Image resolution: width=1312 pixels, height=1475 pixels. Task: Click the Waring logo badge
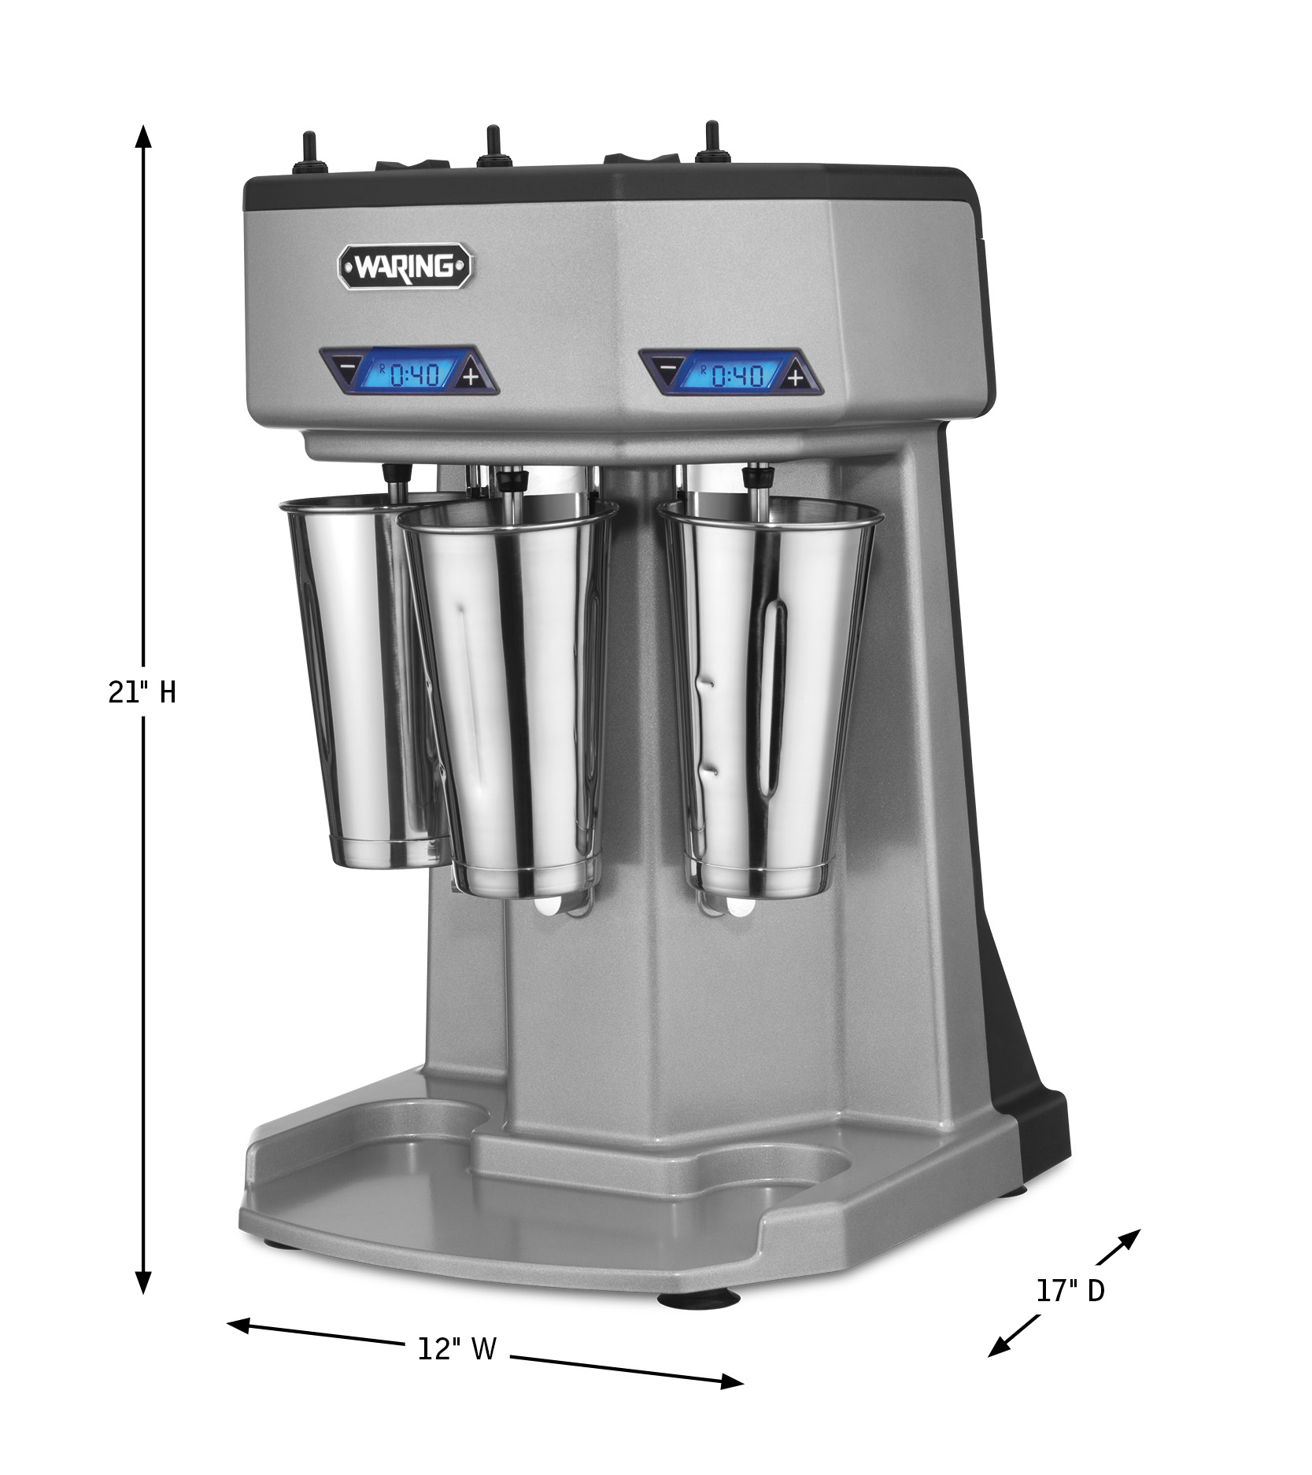tap(405, 267)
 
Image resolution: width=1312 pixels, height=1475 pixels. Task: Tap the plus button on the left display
tap(471, 376)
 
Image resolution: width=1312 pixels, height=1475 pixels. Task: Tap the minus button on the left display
tap(346, 367)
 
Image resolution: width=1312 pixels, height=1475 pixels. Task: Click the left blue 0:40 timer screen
tap(408, 372)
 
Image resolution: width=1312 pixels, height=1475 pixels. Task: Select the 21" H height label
tap(142, 692)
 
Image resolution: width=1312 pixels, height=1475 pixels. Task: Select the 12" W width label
tap(456, 1348)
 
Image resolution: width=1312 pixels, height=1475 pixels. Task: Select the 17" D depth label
tap(1070, 1291)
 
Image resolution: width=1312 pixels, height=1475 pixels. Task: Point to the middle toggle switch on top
tap(493, 147)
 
